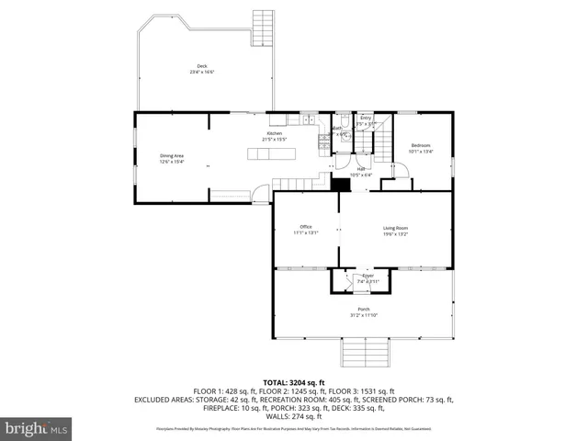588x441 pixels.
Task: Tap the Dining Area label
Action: pos(172,155)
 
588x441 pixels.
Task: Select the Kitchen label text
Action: pos(275,133)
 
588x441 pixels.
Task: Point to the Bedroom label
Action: pos(421,146)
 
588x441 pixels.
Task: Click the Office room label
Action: pos(306,227)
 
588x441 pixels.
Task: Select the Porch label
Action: pos(364,310)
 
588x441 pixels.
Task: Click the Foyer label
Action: pos(367,275)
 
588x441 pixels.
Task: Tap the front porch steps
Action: pos(364,351)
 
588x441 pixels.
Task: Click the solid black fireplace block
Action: pos(343,185)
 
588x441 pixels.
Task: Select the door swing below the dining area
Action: pos(262,194)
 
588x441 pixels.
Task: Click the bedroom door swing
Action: pos(401,170)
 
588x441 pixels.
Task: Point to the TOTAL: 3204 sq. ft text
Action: pos(294,381)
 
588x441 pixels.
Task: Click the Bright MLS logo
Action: pos(37,428)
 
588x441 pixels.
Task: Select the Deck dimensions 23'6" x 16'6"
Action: pos(202,72)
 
